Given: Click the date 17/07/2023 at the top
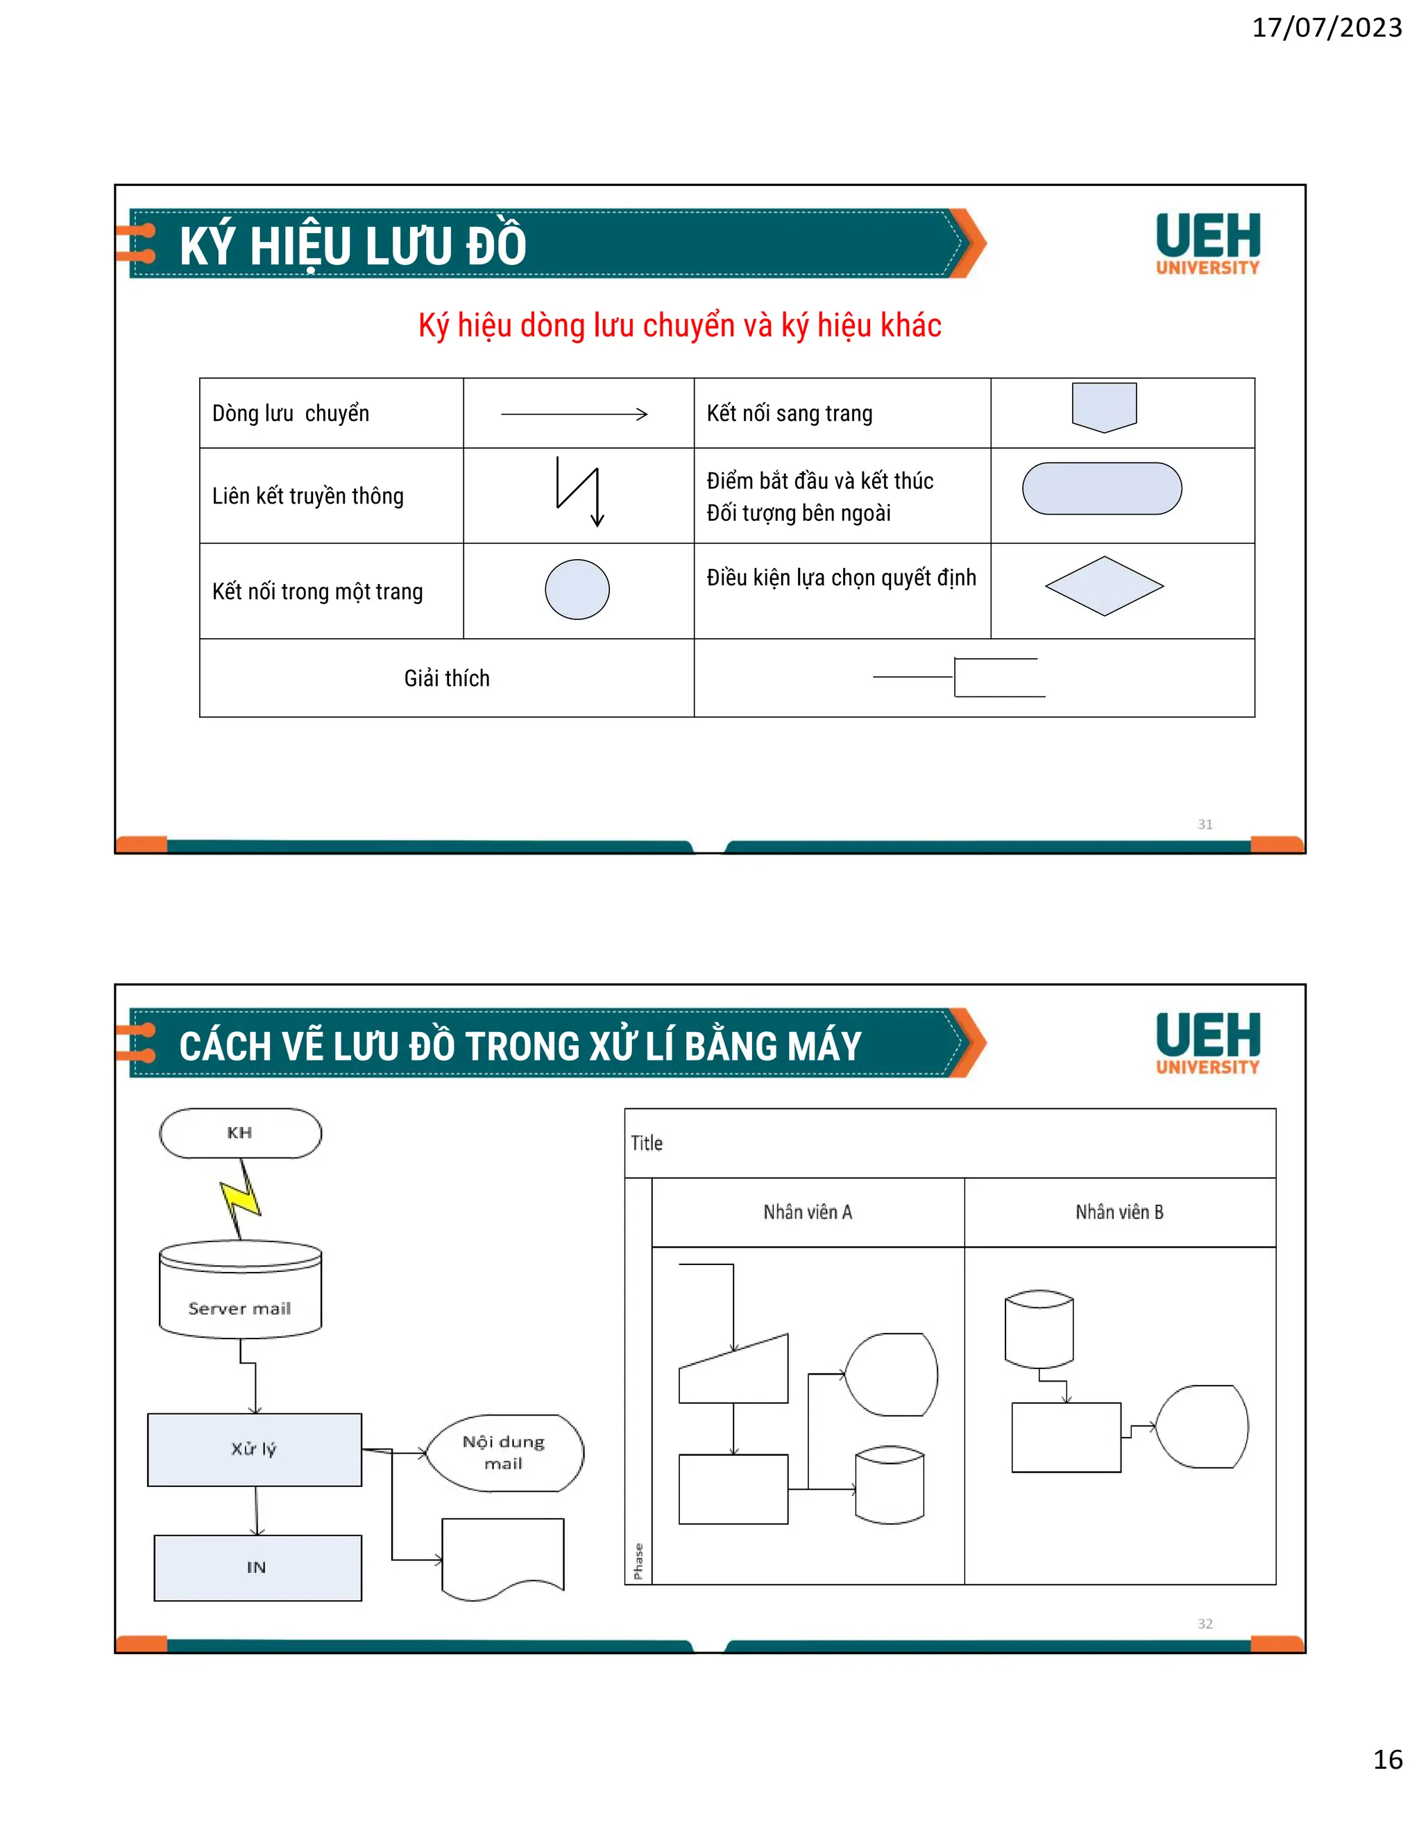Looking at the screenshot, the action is pos(1327,28).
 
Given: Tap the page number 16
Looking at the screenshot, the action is pos(1387,1759).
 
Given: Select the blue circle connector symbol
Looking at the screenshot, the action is pos(577,589).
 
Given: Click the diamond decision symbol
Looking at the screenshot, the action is pos(1104,586).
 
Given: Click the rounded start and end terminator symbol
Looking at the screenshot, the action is pos(1102,488).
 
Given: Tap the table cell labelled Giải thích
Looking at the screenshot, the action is pos(446,678).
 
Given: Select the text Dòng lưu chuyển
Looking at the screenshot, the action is pos(291,413).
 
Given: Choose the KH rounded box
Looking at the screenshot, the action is pos(240,1133).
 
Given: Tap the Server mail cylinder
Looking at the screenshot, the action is pos(240,1289).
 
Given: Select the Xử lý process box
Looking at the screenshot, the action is pos(254,1449).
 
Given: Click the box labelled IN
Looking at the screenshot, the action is pos(257,1567).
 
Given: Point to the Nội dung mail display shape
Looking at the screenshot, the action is pos(504,1452).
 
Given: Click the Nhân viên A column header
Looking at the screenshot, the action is pos(808,1212).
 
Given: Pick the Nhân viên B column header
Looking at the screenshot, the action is pos(1120,1212).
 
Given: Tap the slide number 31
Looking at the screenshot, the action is pos(1205,824).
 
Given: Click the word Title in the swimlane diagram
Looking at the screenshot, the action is pos(647,1143).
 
